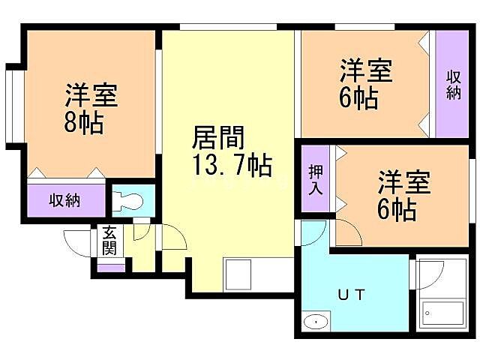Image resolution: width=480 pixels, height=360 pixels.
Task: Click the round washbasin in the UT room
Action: click(316, 322)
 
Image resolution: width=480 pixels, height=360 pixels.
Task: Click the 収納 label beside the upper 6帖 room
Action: click(454, 83)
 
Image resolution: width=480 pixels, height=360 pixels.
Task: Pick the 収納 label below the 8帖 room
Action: click(66, 201)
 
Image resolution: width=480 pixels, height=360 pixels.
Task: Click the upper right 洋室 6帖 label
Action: click(364, 85)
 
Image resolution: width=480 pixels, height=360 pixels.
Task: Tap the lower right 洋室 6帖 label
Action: click(403, 196)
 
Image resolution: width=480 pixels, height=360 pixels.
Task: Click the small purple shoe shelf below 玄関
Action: click(111, 267)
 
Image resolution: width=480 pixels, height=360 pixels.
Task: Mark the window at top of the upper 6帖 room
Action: click(364, 28)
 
